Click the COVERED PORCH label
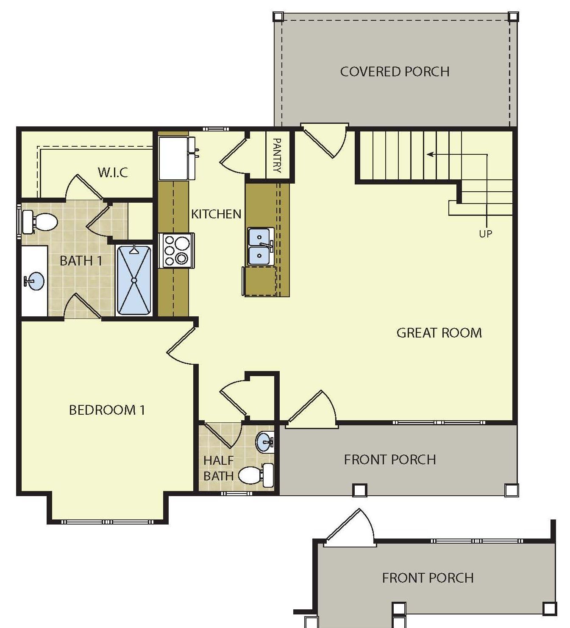click(395, 72)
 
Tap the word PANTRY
click(277, 155)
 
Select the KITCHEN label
click(216, 214)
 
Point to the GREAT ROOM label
click(439, 333)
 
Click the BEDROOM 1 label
click(107, 410)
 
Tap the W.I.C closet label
click(113, 173)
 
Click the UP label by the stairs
click(485, 234)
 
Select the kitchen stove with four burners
click(177, 251)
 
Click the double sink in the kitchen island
click(260, 246)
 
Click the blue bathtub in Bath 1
click(134, 280)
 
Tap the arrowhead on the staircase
click(430, 154)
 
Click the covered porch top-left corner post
click(278, 17)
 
